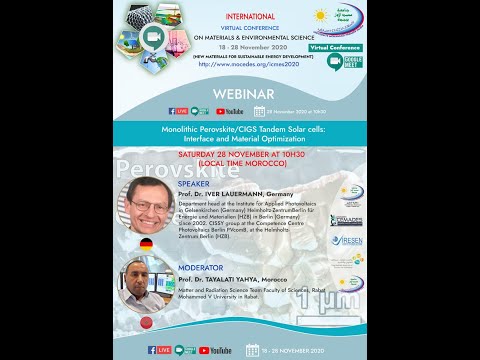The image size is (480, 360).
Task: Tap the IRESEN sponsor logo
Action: pos(348,241)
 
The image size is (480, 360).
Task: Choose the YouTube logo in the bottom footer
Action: pos(221,351)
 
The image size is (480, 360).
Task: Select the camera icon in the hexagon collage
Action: pos(156,39)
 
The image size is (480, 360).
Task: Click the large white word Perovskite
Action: pos(180,167)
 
